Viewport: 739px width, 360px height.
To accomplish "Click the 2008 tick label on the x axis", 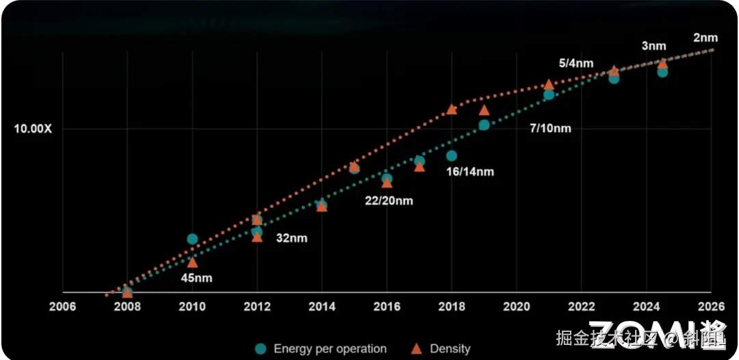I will [127, 307].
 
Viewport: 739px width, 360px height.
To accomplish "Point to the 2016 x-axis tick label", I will [387, 307].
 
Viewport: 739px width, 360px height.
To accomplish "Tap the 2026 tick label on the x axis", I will [711, 307].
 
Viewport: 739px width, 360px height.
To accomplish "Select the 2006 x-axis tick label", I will [62, 307].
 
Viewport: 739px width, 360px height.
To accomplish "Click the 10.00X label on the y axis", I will [33, 129].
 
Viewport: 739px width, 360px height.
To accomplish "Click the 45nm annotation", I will [196, 278].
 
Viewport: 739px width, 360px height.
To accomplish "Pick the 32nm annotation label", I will [291, 238].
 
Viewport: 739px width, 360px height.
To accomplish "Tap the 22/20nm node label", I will [388, 201].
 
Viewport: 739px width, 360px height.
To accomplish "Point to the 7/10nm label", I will [550, 128].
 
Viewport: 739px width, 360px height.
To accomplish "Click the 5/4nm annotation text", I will [576, 63].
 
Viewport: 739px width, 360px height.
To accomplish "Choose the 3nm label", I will [653, 46].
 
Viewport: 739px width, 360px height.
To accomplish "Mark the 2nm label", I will [705, 38].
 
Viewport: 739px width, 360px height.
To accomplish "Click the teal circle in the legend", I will [261, 348].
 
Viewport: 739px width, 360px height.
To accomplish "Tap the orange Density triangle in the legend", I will [416, 348].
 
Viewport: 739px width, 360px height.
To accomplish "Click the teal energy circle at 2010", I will [192, 239].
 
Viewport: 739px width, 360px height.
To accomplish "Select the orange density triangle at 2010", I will [192, 262].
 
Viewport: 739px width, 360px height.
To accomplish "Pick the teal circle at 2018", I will [452, 155].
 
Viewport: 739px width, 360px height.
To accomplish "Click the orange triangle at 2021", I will [548, 84].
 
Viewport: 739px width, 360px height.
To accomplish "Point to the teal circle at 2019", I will [484, 125].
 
